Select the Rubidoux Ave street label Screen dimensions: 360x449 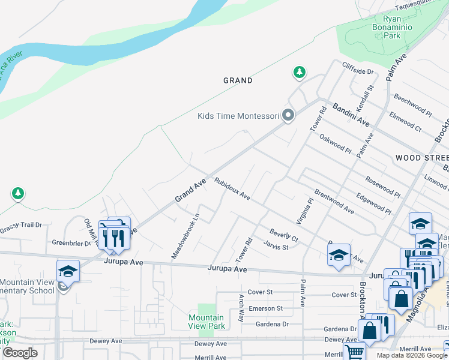tap(232, 188)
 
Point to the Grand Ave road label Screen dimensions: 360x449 tap(190, 190)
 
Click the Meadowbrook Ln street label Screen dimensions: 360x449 tap(185, 236)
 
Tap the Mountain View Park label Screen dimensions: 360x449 tap(206, 322)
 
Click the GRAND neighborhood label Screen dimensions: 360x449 tap(238, 80)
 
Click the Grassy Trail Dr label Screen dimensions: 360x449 tap(20, 226)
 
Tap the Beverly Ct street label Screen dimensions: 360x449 tap(283, 235)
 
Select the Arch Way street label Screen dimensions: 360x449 tap(241, 308)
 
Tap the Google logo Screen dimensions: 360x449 tap(20, 353)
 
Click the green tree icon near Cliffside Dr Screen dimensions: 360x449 tap(299, 73)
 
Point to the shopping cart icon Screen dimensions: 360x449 tap(355, 352)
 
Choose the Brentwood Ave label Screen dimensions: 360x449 tap(334, 203)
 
